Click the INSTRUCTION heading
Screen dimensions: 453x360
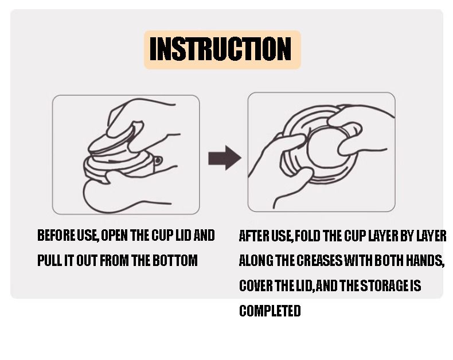click(x=220, y=49)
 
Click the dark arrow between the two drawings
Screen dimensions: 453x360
click(x=225, y=158)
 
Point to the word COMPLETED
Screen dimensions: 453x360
click(x=270, y=311)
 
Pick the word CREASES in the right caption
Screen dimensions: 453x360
click(x=319, y=260)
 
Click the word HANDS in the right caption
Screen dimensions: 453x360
click(x=424, y=260)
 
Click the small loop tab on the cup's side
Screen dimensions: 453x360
click(x=158, y=161)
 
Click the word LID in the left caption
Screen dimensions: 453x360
click(x=183, y=235)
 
